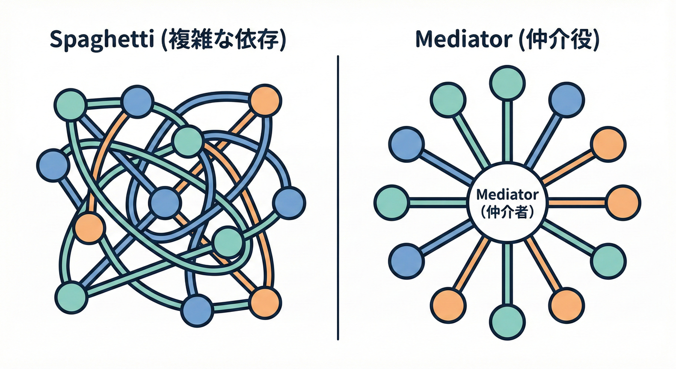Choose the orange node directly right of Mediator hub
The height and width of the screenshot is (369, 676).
tap(623, 203)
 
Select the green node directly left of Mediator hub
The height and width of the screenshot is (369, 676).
tap(391, 203)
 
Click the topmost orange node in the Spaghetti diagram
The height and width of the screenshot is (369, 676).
tap(265, 100)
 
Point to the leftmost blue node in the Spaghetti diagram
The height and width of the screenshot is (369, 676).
tap(52, 165)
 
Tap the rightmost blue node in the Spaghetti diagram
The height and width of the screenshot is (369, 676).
tap(289, 203)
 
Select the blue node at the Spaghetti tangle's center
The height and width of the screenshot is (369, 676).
tap(166, 203)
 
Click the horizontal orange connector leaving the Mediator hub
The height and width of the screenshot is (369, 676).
tap(576, 203)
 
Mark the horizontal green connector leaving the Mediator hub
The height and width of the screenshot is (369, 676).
tap(438, 203)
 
